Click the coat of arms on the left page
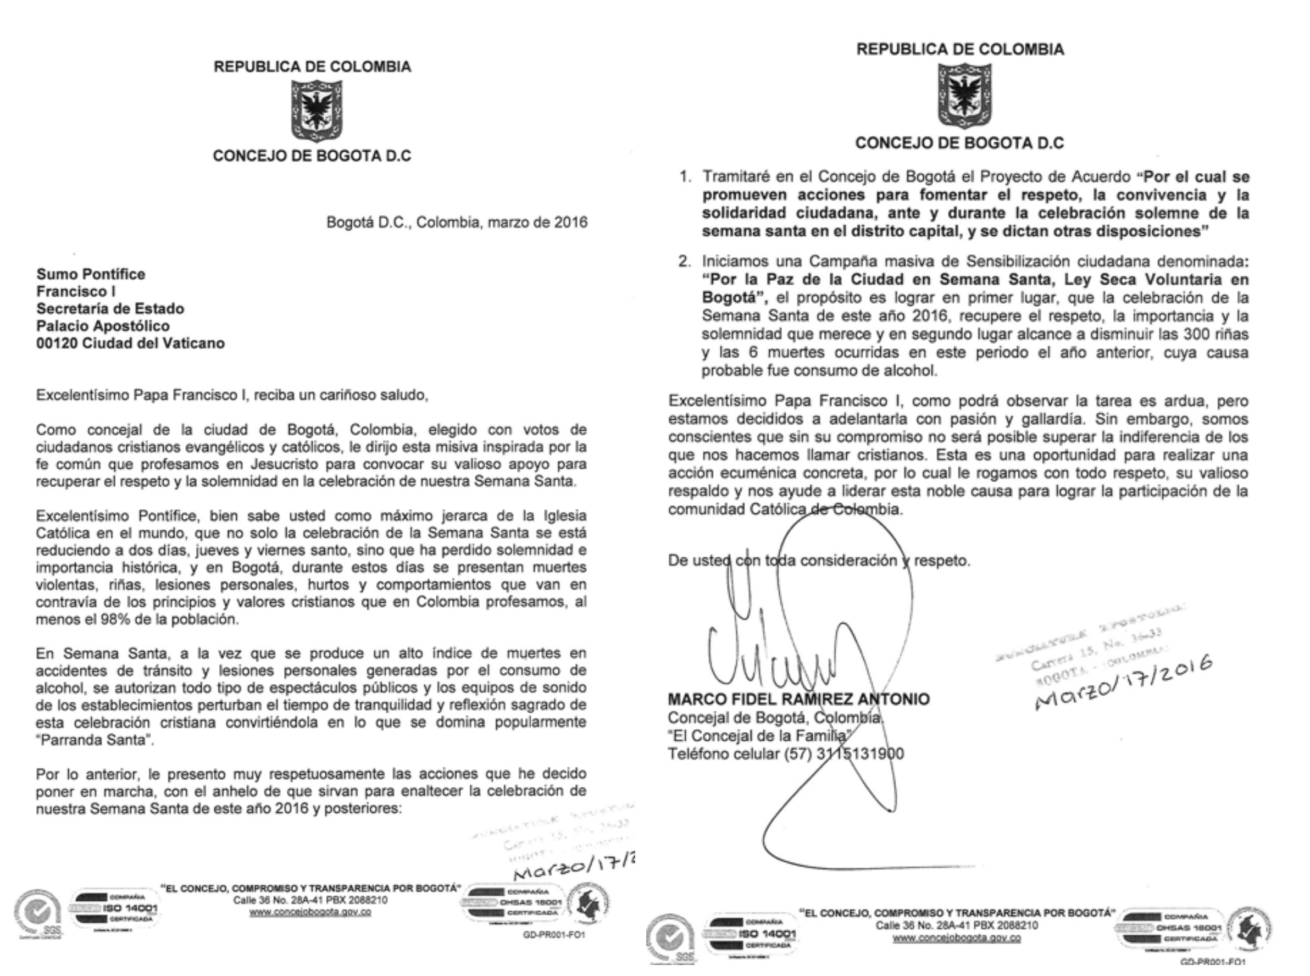pyautogui.click(x=317, y=110)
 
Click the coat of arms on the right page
pyautogui.click(x=964, y=96)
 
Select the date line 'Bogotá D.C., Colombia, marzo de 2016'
pyautogui.click(x=457, y=223)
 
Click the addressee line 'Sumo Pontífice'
pyautogui.click(x=90, y=274)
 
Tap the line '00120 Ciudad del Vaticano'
pyautogui.click(x=131, y=343)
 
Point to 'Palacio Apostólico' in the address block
pyautogui.click(x=103, y=326)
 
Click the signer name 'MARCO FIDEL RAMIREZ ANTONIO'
pyautogui.click(x=798, y=700)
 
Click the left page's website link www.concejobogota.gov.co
pyautogui.click(x=310, y=912)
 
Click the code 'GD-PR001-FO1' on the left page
pyautogui.click(x=553, y=935)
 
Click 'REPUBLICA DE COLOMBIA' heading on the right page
pyautogui.click(x=960, y=49)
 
